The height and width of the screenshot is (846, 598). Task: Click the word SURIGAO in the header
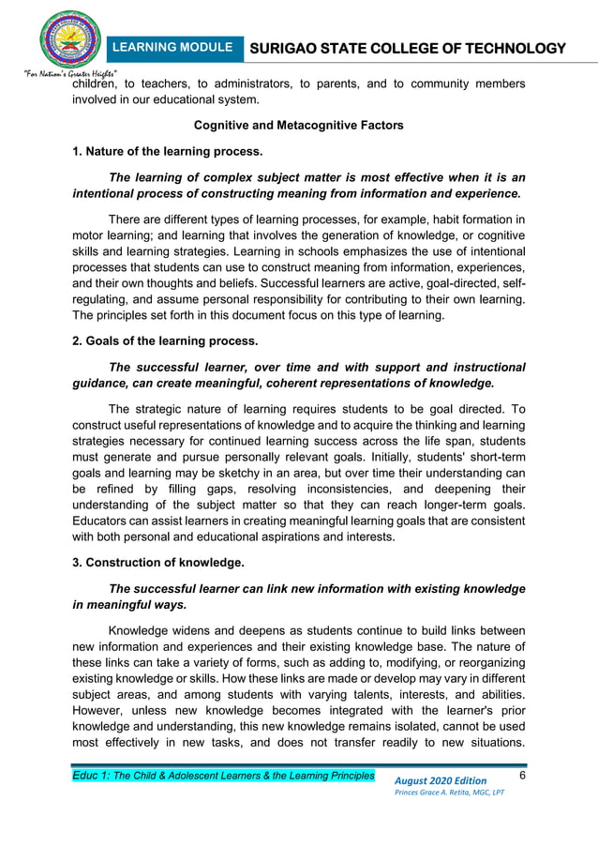(x=287, y=49)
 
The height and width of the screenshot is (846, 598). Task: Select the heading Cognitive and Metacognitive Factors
(x=298, y=126)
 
